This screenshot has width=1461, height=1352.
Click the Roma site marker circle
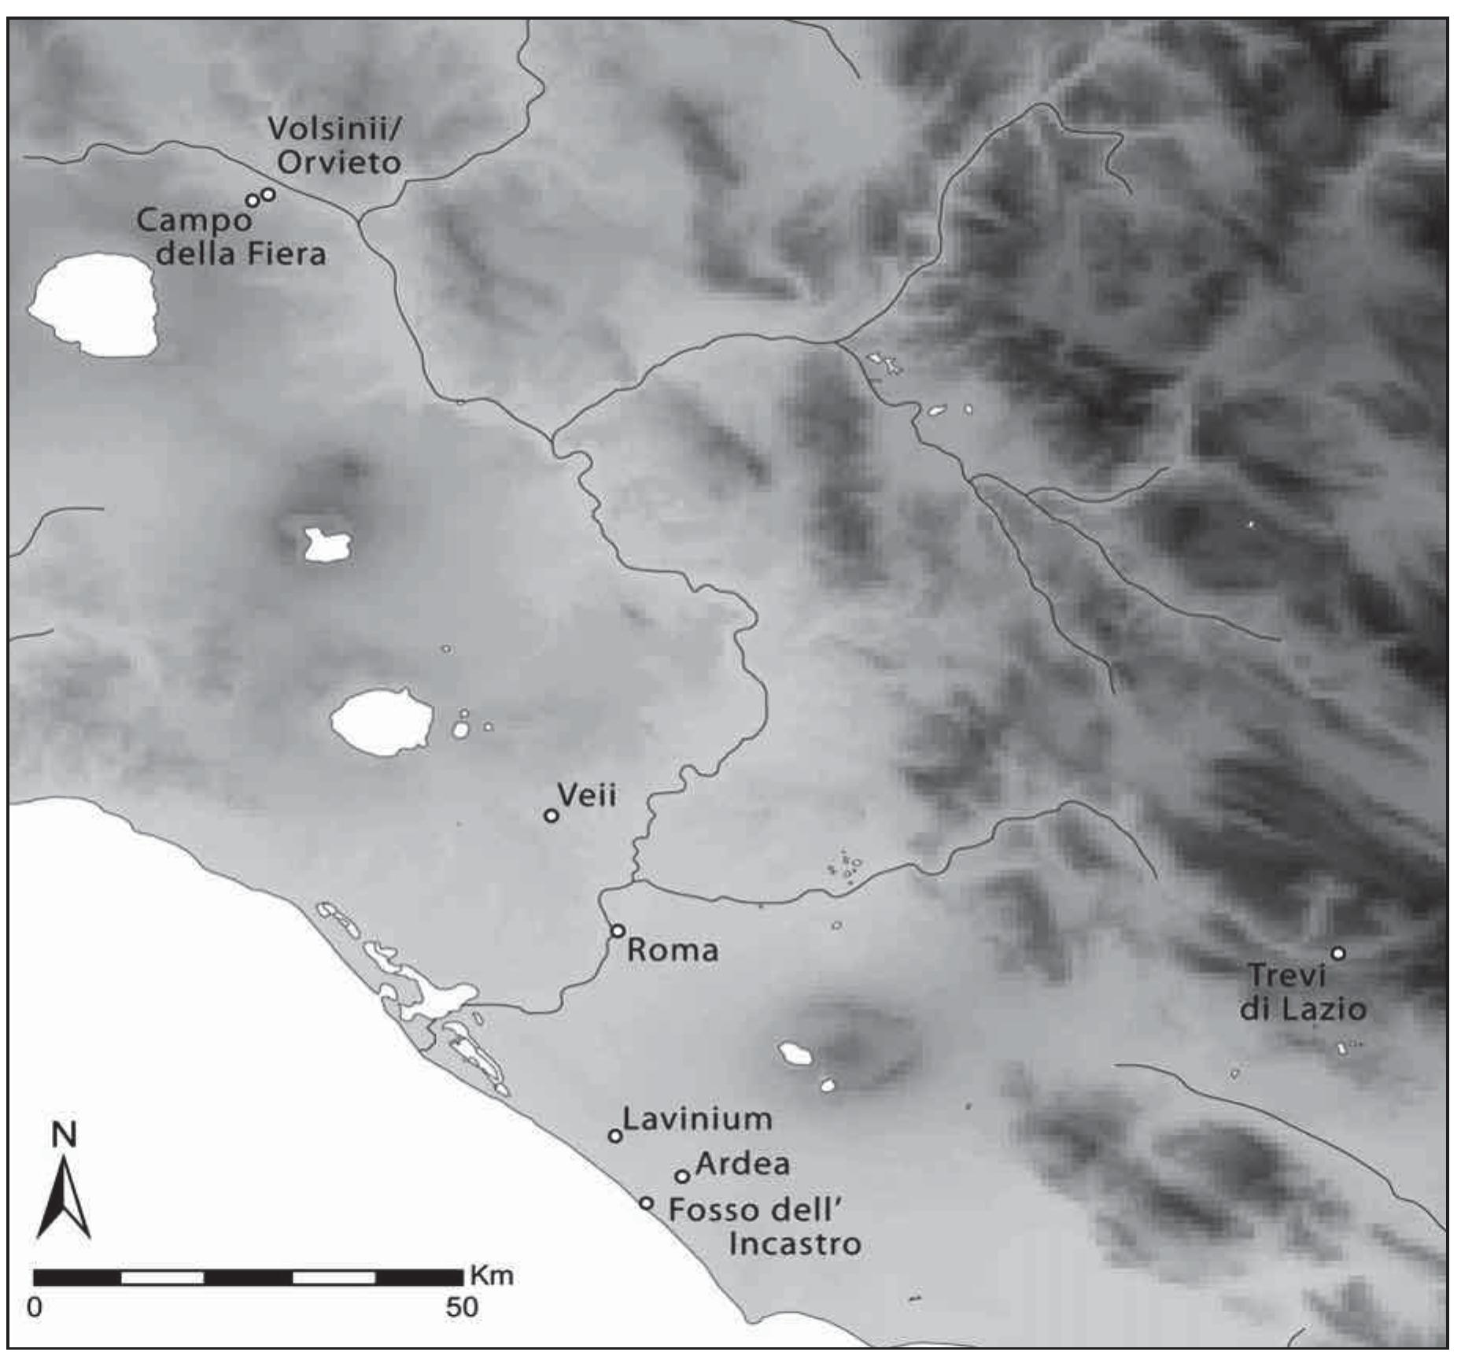[x=618, y=931]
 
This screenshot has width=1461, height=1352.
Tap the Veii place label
[x=586, y=795]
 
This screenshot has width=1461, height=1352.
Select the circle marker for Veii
[x=552, y=815]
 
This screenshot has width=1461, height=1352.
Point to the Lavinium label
[x=697, y=1119]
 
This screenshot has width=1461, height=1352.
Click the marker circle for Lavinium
[x=615, y=1136]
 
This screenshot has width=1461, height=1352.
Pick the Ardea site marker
[x=682, y=1176]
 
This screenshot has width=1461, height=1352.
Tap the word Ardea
[x=743, y=1164]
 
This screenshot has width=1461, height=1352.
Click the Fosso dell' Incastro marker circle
[x=646, y=1203]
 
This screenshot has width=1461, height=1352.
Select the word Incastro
[x=795, y=1244]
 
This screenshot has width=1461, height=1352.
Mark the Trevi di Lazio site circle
[x=1337, y=954]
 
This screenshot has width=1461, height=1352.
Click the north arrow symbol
[x=64, y=1197]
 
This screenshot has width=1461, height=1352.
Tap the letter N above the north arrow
[x=64, y=1136]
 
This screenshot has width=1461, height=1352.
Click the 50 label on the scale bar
[x=462, y=1307]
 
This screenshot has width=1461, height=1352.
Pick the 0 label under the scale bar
[x=35, y=1307]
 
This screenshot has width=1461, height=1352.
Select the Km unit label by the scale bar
[x=492, y=1275]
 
